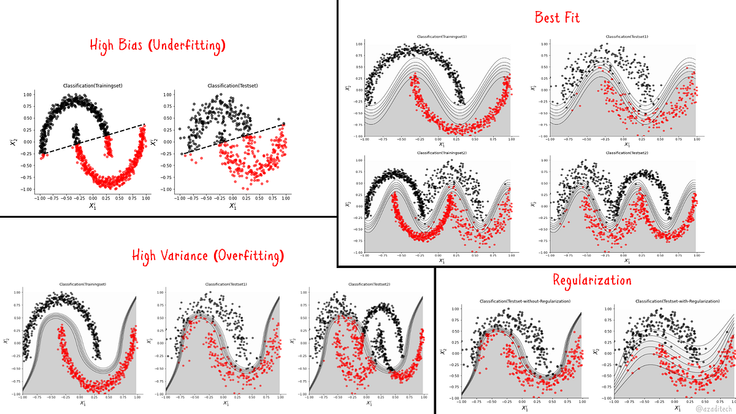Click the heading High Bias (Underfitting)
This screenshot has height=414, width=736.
(158, 45)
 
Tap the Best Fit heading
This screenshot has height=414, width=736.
(557, 17)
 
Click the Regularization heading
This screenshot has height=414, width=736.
(592, 280)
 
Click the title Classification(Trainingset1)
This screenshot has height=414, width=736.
(442, 37)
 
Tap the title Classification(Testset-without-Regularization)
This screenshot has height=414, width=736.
(524, 301)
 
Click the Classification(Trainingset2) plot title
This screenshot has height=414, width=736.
(442, 153)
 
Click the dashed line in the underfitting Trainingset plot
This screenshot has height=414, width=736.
(92, 139)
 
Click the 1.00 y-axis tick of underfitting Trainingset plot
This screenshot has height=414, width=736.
(28, 95)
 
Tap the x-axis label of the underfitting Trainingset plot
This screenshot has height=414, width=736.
(93, 207)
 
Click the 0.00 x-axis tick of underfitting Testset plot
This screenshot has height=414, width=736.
(232, 199)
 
